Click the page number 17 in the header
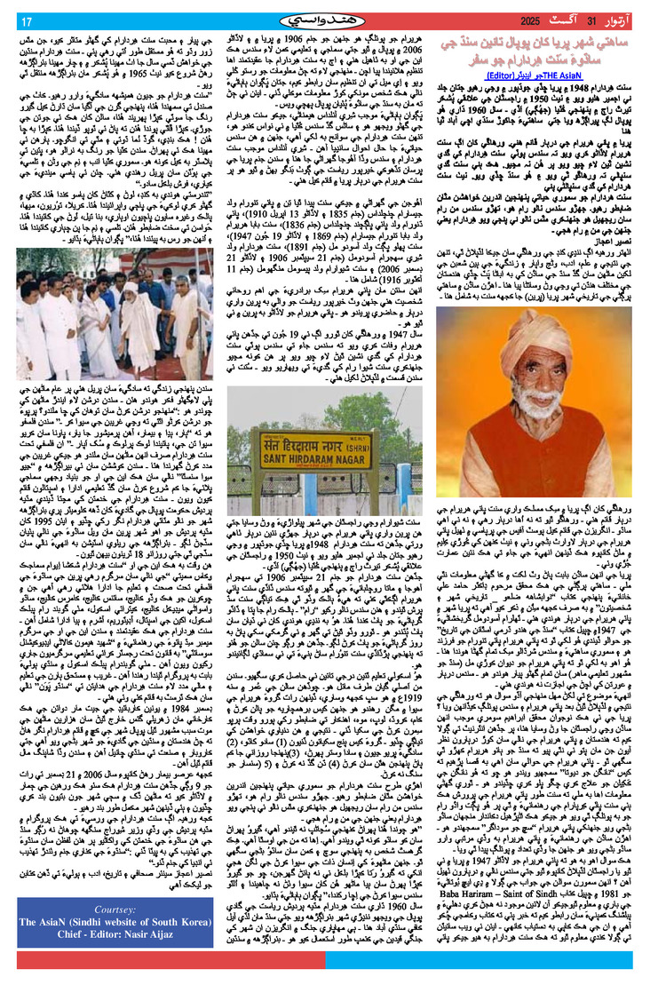[28, 20]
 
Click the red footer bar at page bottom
[333, 961]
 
